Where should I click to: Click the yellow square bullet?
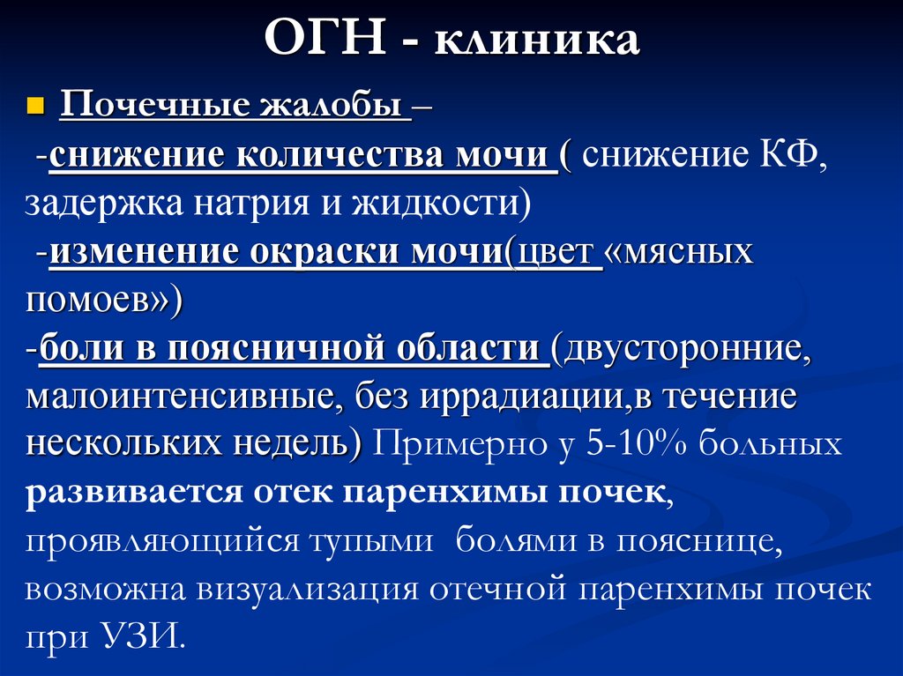click(x=35, y=107)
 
